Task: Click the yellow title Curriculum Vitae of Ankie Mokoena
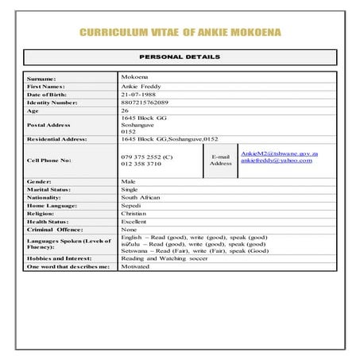click(180, 33)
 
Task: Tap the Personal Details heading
click(180, 57)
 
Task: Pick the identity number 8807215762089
click(145, 103)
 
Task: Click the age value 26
click(125, 110)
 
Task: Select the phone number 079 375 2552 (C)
click(146, 156)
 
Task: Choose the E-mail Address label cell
click(221, 160)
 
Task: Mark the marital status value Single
click(130, 190)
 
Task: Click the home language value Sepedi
click(130, 205)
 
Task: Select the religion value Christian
click(134, 213)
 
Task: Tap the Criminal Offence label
click(56, 229)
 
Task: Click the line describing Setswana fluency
click(194, 251)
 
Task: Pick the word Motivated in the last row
click(135, 267)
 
